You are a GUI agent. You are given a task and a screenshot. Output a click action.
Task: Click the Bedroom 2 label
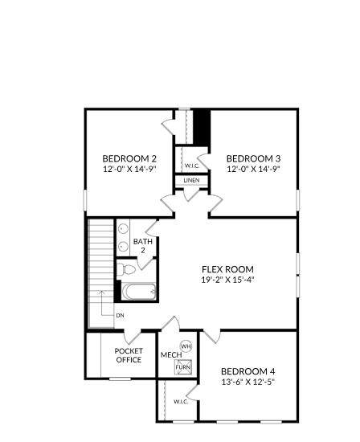(x=129, y=158)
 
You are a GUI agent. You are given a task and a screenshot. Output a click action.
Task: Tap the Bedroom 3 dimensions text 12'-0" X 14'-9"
(x=253, y=169)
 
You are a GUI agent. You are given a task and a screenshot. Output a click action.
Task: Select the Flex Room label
(x=227, y=269)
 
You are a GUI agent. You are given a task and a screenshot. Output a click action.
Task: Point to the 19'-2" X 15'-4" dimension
(x=227, y=280)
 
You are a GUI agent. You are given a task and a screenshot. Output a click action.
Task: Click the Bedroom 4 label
(x=248, y=371)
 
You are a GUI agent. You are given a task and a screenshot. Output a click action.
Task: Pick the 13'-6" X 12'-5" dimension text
(x=248, y=382)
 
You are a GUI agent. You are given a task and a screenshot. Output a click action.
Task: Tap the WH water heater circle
(x=186, y=346)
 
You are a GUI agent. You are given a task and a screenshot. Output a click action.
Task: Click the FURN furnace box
(x=183, y=367)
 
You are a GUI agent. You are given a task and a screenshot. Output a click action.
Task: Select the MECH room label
(x=171, y=354)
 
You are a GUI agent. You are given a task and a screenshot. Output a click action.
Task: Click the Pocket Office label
(x=129, y=355)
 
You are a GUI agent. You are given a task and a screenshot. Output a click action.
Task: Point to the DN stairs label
(x=120, y=316)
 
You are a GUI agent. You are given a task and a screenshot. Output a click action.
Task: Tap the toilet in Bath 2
(x=126, y=269)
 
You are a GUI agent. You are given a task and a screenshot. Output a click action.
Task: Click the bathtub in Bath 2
(x=139, y=292)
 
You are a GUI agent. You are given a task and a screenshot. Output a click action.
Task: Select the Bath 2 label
(x=143, y=246)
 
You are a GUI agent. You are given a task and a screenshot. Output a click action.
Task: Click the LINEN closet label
(x=192, y=180)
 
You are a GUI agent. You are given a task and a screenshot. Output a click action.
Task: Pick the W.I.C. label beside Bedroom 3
(x=192, y=166)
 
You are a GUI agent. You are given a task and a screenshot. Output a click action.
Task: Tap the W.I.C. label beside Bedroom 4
(x=181, y=401)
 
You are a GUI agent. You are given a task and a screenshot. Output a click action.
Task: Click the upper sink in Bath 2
(x=123, y=227)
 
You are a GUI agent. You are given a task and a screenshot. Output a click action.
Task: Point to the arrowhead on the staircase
(x=101, y=293)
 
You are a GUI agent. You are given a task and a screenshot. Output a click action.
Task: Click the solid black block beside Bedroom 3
(x=202, y=128)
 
